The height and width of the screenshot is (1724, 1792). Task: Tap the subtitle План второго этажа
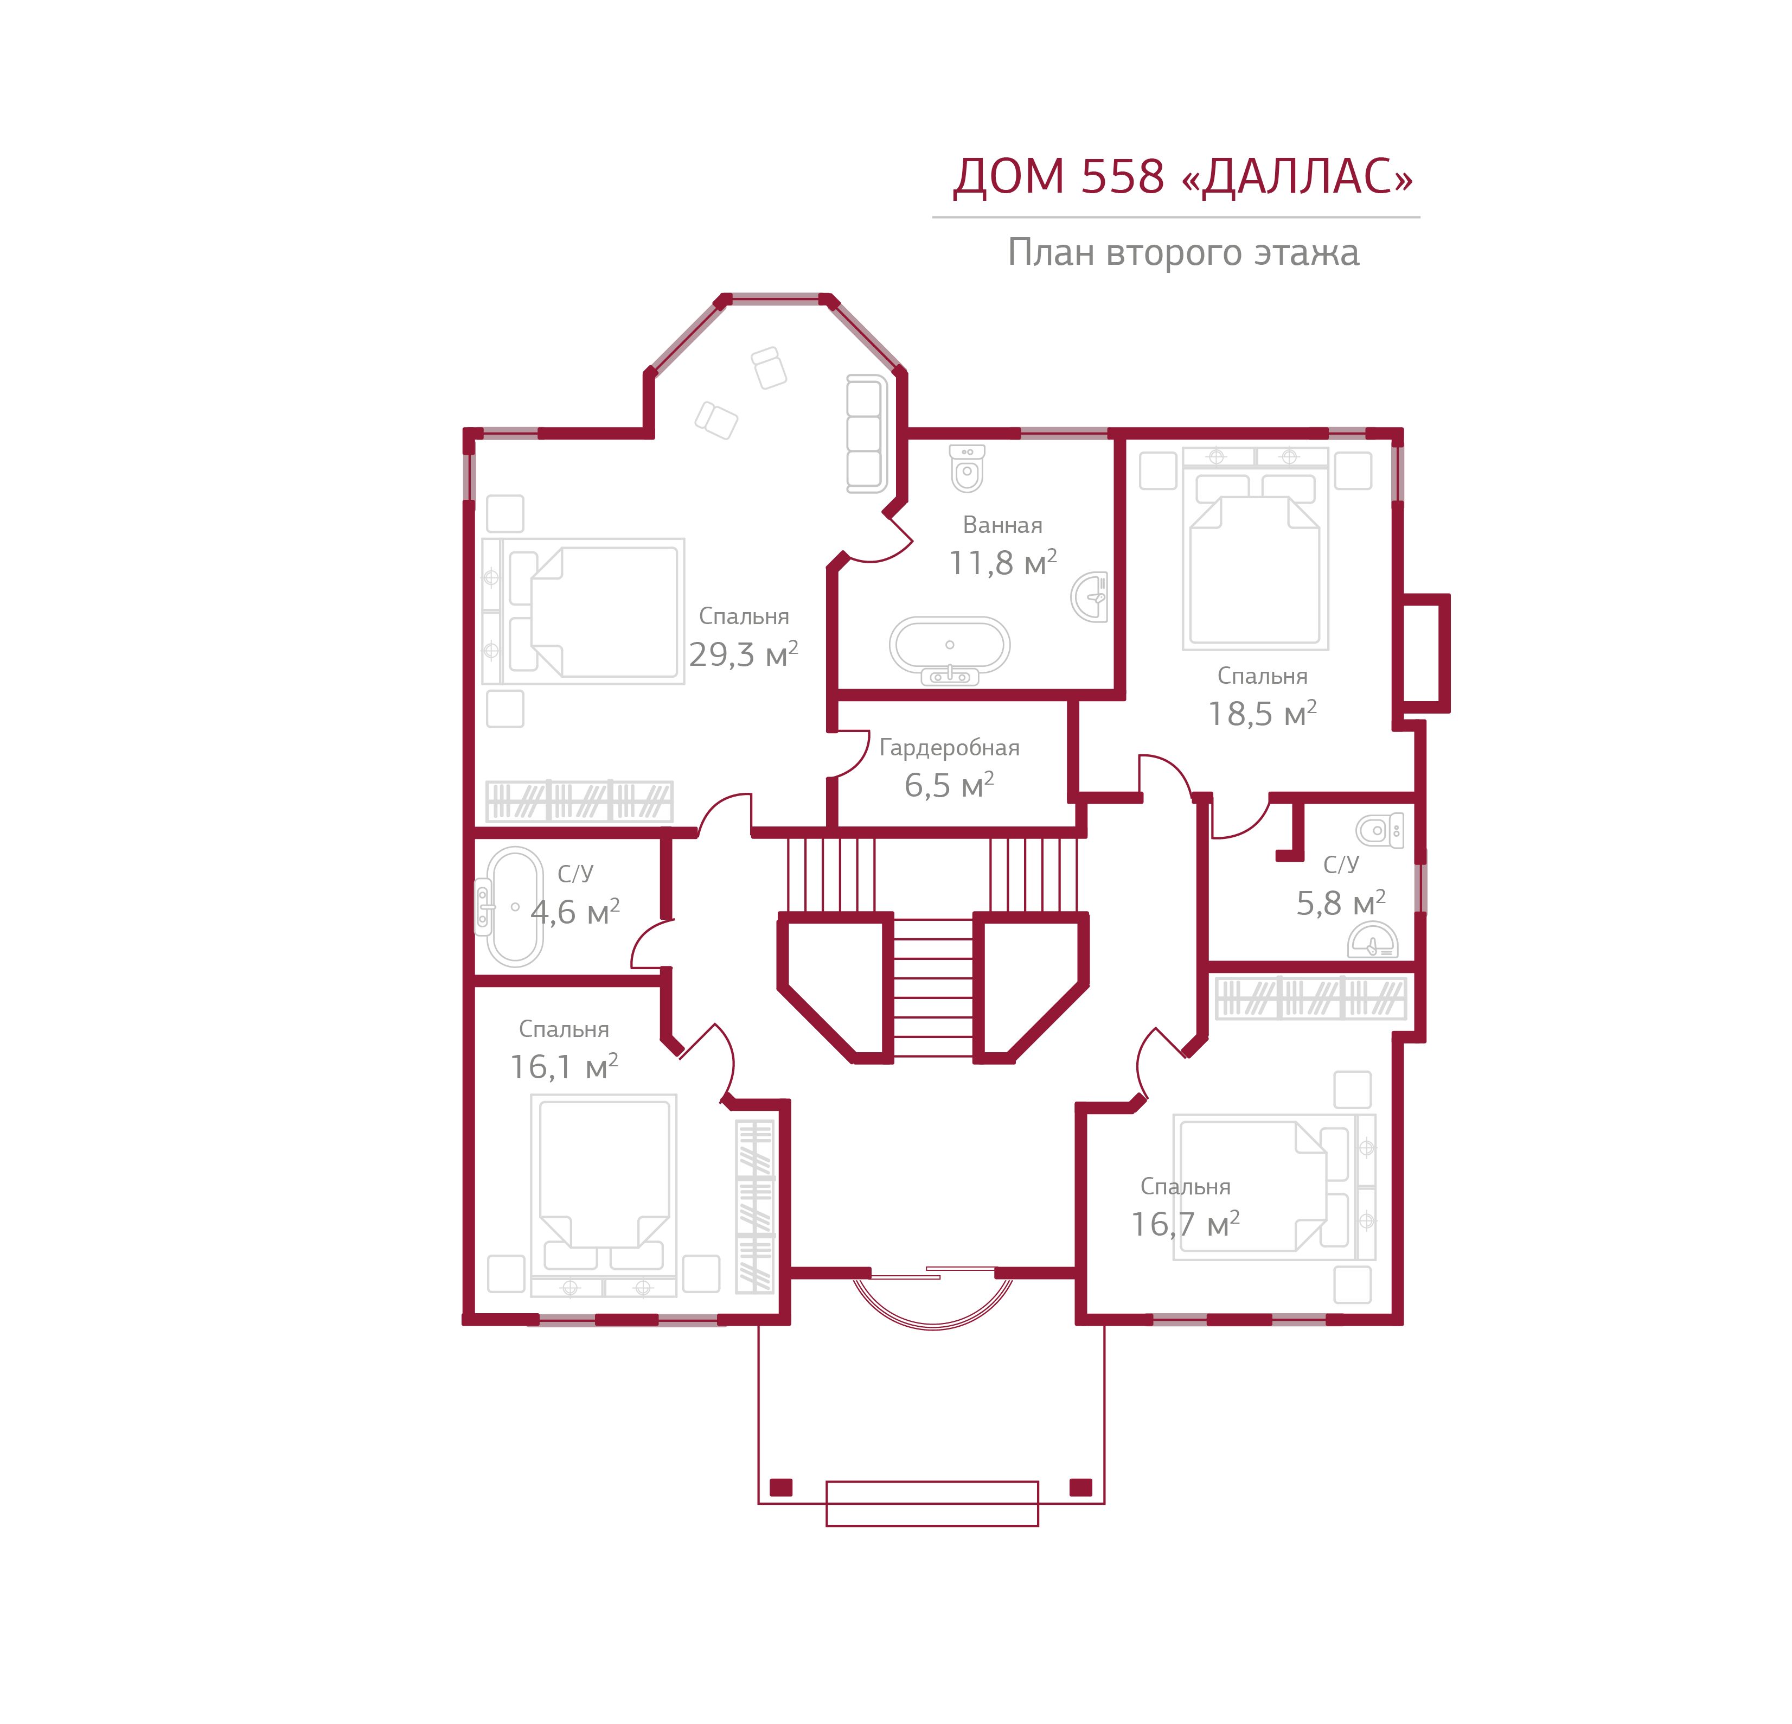point(1182,252)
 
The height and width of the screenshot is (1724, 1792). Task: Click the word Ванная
point(1002,525)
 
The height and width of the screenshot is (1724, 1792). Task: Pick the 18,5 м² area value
point(1262,714)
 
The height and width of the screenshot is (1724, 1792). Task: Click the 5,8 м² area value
point(1340,904)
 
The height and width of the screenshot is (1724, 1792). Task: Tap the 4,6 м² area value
point(575,912)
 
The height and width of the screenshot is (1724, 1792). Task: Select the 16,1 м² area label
point(563,1066)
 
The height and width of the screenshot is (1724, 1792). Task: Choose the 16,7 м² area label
point(1185,1224)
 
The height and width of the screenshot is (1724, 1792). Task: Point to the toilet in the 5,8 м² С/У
point(1380,830)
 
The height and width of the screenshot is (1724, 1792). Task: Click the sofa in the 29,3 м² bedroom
point(865,434)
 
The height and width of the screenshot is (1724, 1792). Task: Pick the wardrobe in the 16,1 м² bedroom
point(755,1205)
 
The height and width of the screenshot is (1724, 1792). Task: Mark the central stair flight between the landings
point(932,988)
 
